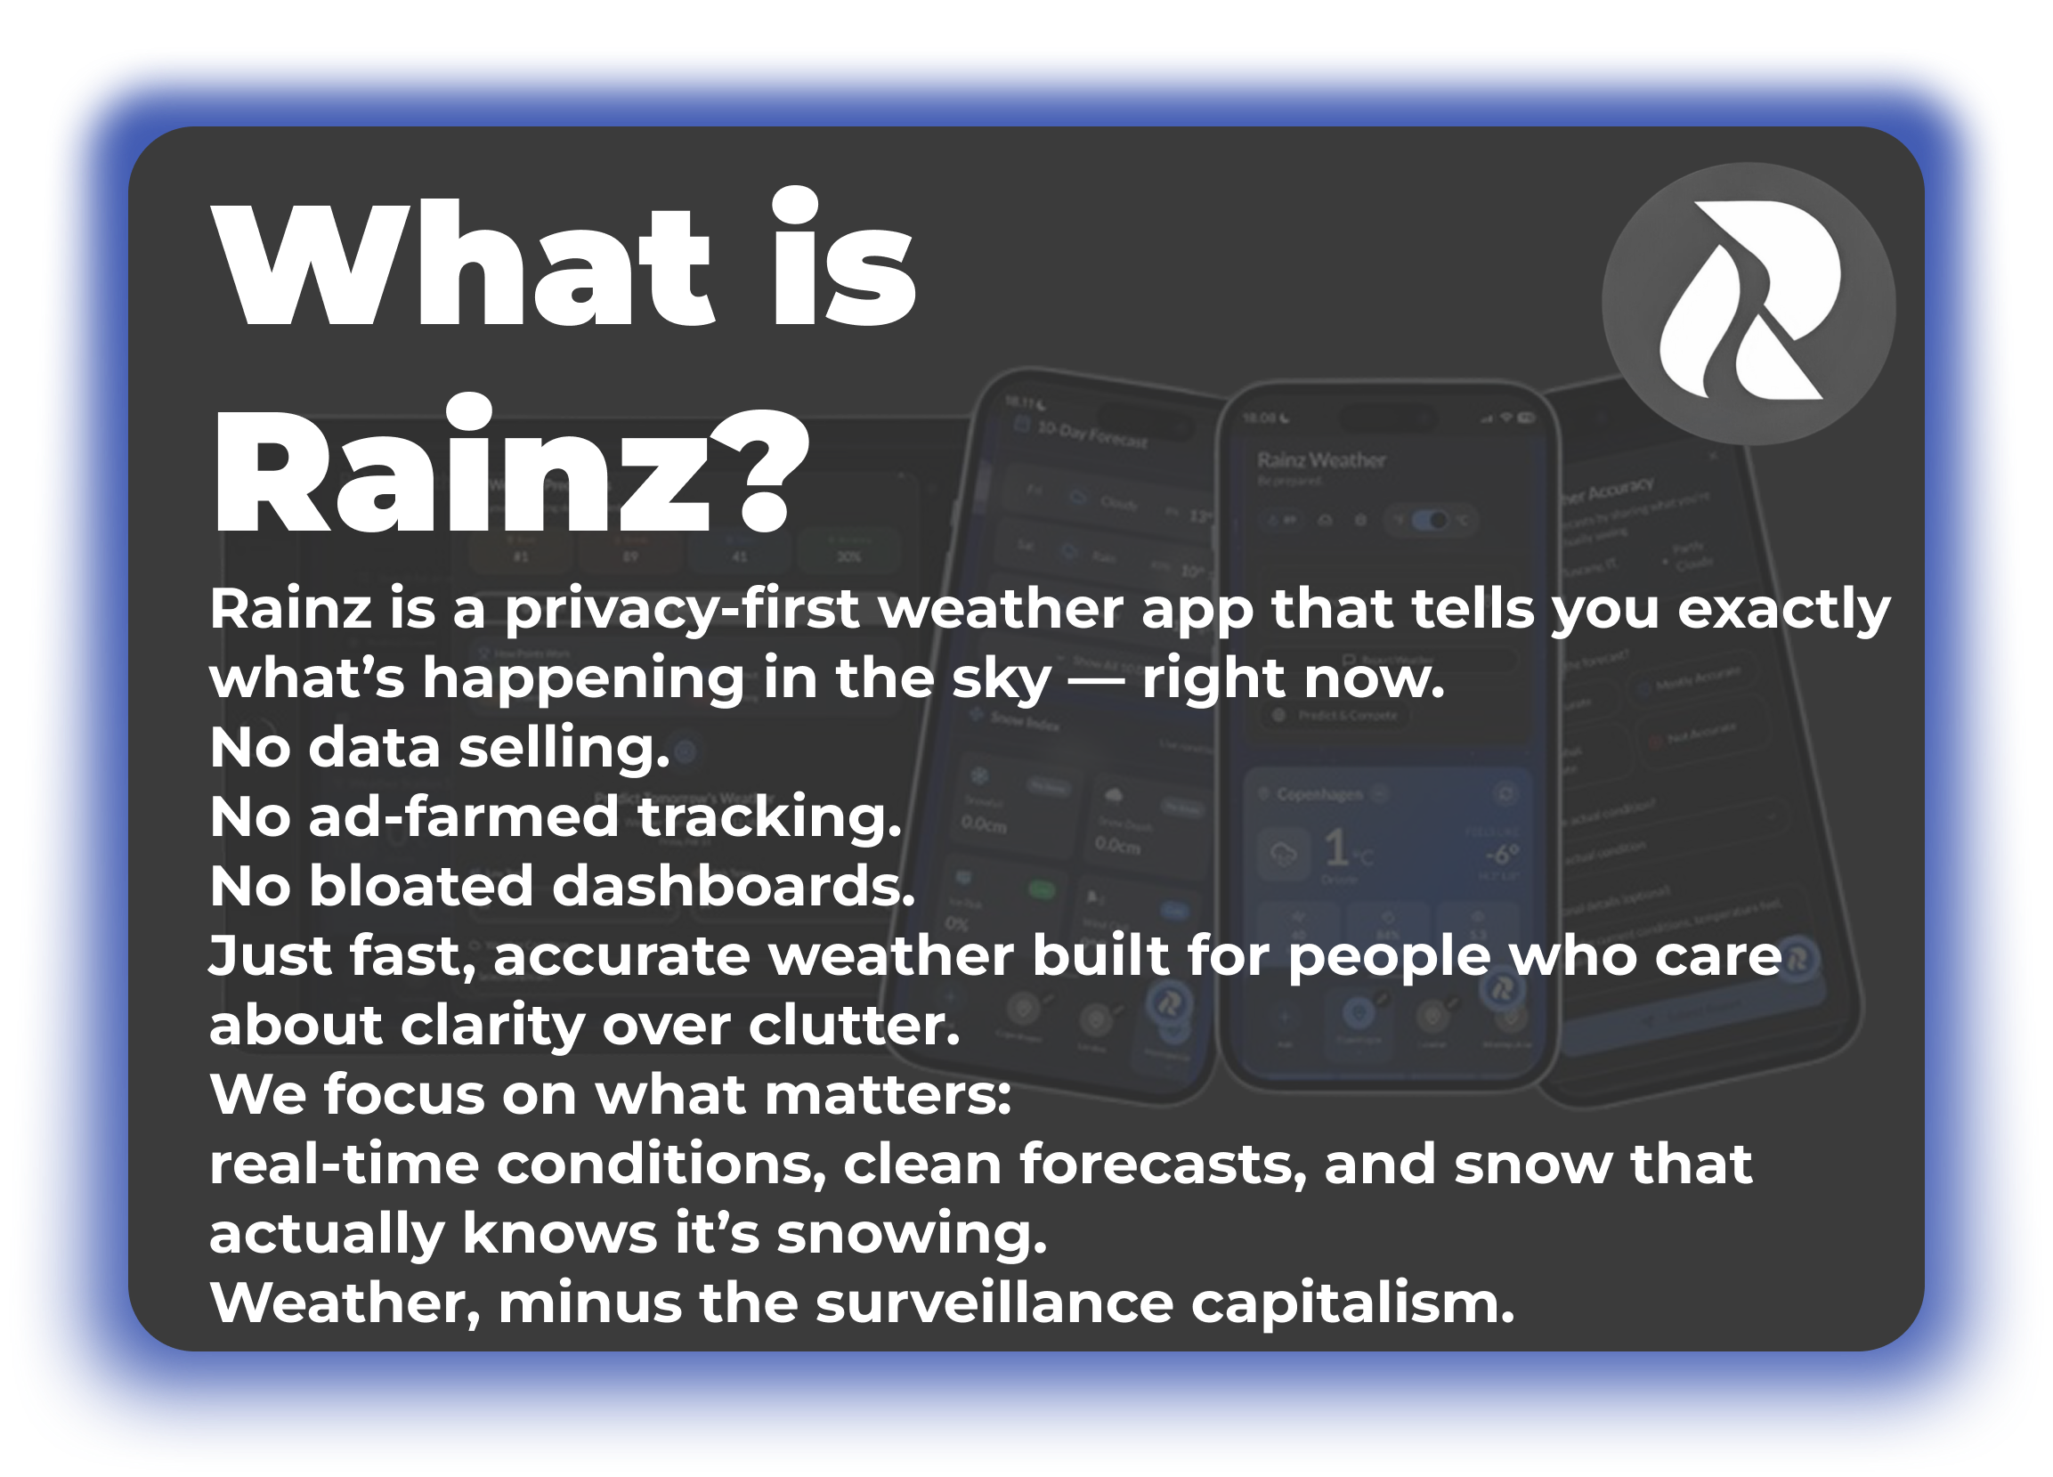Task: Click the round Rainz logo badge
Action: coord(1748,304)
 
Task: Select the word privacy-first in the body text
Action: coord(681,609)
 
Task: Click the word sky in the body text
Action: coord(1002,678)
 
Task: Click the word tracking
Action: coord(769,817)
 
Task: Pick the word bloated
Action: coord(421,886)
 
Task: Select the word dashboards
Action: coord(734,886)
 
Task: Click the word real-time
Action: coord(344,1165)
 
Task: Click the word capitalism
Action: coord(1352,1303)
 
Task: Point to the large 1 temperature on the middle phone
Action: coord(1335,848)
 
